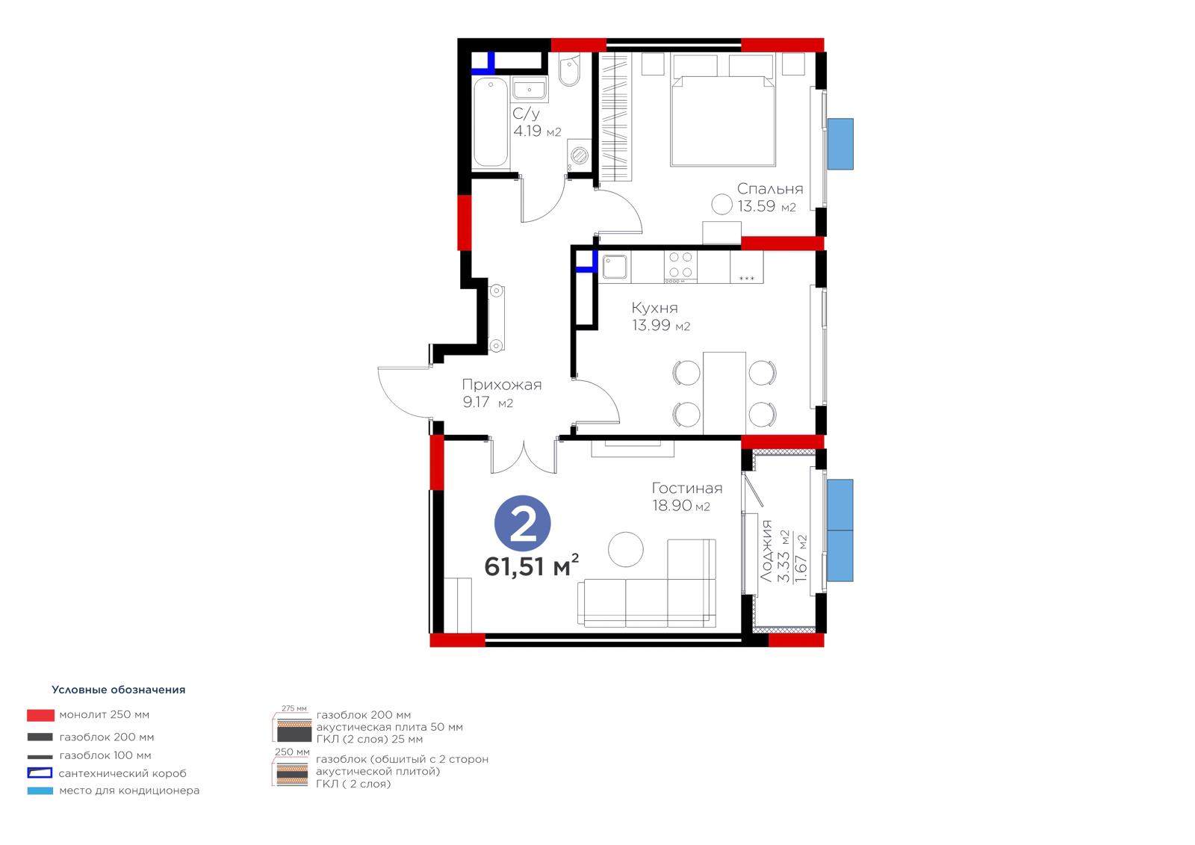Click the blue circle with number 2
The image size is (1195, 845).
(522, 523)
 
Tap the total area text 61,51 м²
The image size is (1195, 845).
(531, 566)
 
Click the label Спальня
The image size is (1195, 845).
(770, 189)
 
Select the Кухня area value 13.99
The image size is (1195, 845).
(651, 325)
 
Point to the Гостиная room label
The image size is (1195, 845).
(687, 488)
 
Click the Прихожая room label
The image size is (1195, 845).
(501, 385)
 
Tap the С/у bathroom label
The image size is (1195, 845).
(526, 114)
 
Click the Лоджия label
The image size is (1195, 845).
(766, 551)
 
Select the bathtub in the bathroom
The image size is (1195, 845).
(490, 123)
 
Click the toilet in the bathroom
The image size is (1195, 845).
(570, 69)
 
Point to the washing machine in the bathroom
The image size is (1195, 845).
(579, 155)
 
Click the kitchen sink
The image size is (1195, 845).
(615, 267)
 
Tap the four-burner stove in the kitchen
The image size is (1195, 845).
(680, 266)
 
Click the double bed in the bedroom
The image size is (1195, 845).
(723, 120)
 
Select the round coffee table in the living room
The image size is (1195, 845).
(626, 549)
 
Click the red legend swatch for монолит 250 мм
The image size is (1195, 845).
(40, 715)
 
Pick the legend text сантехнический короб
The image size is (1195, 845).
(122, 773)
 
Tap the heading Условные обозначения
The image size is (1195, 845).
(119, 690)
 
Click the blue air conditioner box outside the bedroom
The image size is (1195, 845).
(840, 144)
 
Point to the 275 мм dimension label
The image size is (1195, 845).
(294, 708)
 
